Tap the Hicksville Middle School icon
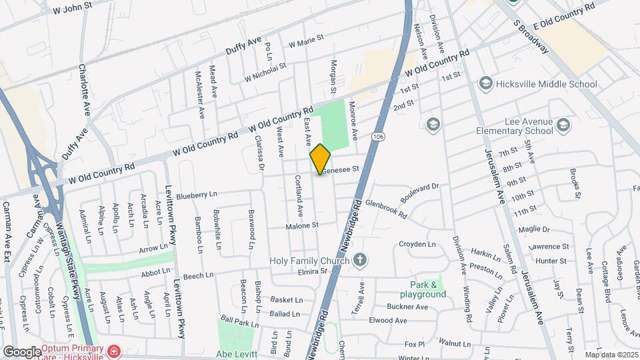pyautogui.click(x=485, y=84)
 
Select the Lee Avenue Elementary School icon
pyautogui.click(x=563, y=125)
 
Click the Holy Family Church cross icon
pyautogui.click(x=359, y=260)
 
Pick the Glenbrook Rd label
pyautogui.click(x=387, y=209)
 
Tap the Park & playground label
pyautogui.click(x=423, y=289)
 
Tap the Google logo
pyautogui.click(x=22, y=351)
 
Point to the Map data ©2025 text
pyautogui.click(x=611, y=355)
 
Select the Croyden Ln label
pyautogui.click(x=417, y=244)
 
